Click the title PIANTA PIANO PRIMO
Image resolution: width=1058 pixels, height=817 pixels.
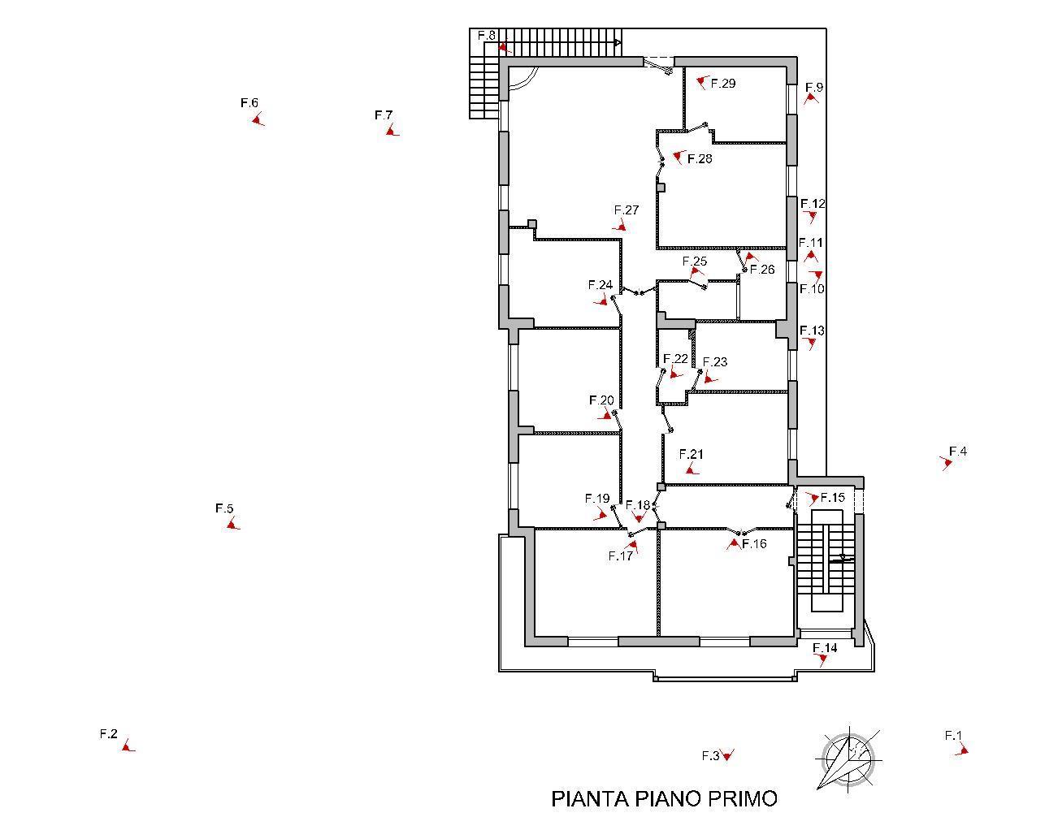click(664, 798)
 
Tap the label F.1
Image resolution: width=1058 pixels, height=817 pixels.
click(953, 736)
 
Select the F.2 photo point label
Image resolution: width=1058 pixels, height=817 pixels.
click(109, 733)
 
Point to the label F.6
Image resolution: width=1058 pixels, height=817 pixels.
click(249, 103)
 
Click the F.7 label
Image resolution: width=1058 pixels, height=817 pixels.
click(384, 115)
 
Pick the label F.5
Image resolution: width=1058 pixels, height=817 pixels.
click(224, 508)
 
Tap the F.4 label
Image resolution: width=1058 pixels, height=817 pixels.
click(958, 452)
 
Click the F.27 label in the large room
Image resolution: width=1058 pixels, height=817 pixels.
click(627, 210)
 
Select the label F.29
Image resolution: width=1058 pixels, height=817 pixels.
click(722, 83)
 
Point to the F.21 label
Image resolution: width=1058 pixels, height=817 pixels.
click(691, 454)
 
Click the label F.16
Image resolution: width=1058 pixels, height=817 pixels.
click(754, 543)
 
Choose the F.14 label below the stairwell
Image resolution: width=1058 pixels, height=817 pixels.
click(825, 647)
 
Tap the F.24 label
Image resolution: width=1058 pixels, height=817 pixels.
click(600, 285)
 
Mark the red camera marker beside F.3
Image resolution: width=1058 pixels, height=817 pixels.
click(727, 755)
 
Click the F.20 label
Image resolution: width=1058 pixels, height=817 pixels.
click(601, 400)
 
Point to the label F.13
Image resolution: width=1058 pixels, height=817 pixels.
click(812, 331)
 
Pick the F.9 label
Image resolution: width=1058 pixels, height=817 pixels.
click(814, 87)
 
